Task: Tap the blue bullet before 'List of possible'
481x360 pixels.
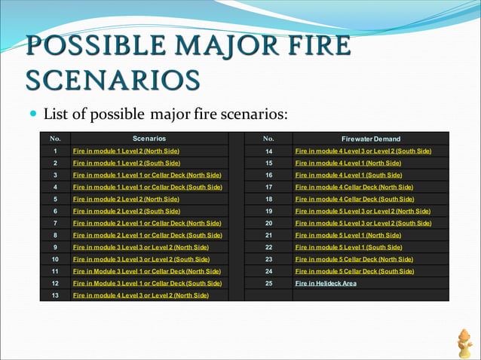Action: (32, 115)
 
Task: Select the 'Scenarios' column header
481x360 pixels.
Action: (149, 139)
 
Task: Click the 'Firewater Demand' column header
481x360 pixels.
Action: (370, 139)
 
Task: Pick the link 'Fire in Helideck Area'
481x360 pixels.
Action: (326, 283)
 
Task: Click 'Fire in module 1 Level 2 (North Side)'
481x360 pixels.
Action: (126, 151)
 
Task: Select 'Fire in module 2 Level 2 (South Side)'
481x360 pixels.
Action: (126, 211)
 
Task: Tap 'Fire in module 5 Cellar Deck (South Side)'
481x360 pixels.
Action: (354, 271)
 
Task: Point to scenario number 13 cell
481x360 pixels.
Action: (55, 295)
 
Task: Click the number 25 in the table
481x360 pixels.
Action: (268, 283)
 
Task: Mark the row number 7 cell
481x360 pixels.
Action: (55, 223)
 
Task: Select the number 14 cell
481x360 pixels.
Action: (268, 151)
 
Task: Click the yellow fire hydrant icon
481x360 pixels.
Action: (464, 343)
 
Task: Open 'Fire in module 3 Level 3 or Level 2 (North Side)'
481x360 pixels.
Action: (140, 247)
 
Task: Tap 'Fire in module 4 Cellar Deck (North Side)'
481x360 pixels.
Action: (354, 187)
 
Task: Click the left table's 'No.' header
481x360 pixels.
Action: (55, 139)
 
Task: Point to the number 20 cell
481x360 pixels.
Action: (268, 223)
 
